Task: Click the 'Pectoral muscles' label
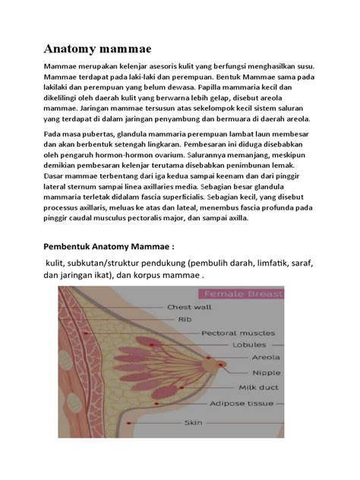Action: pyautogui.click(x=235, y=333)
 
